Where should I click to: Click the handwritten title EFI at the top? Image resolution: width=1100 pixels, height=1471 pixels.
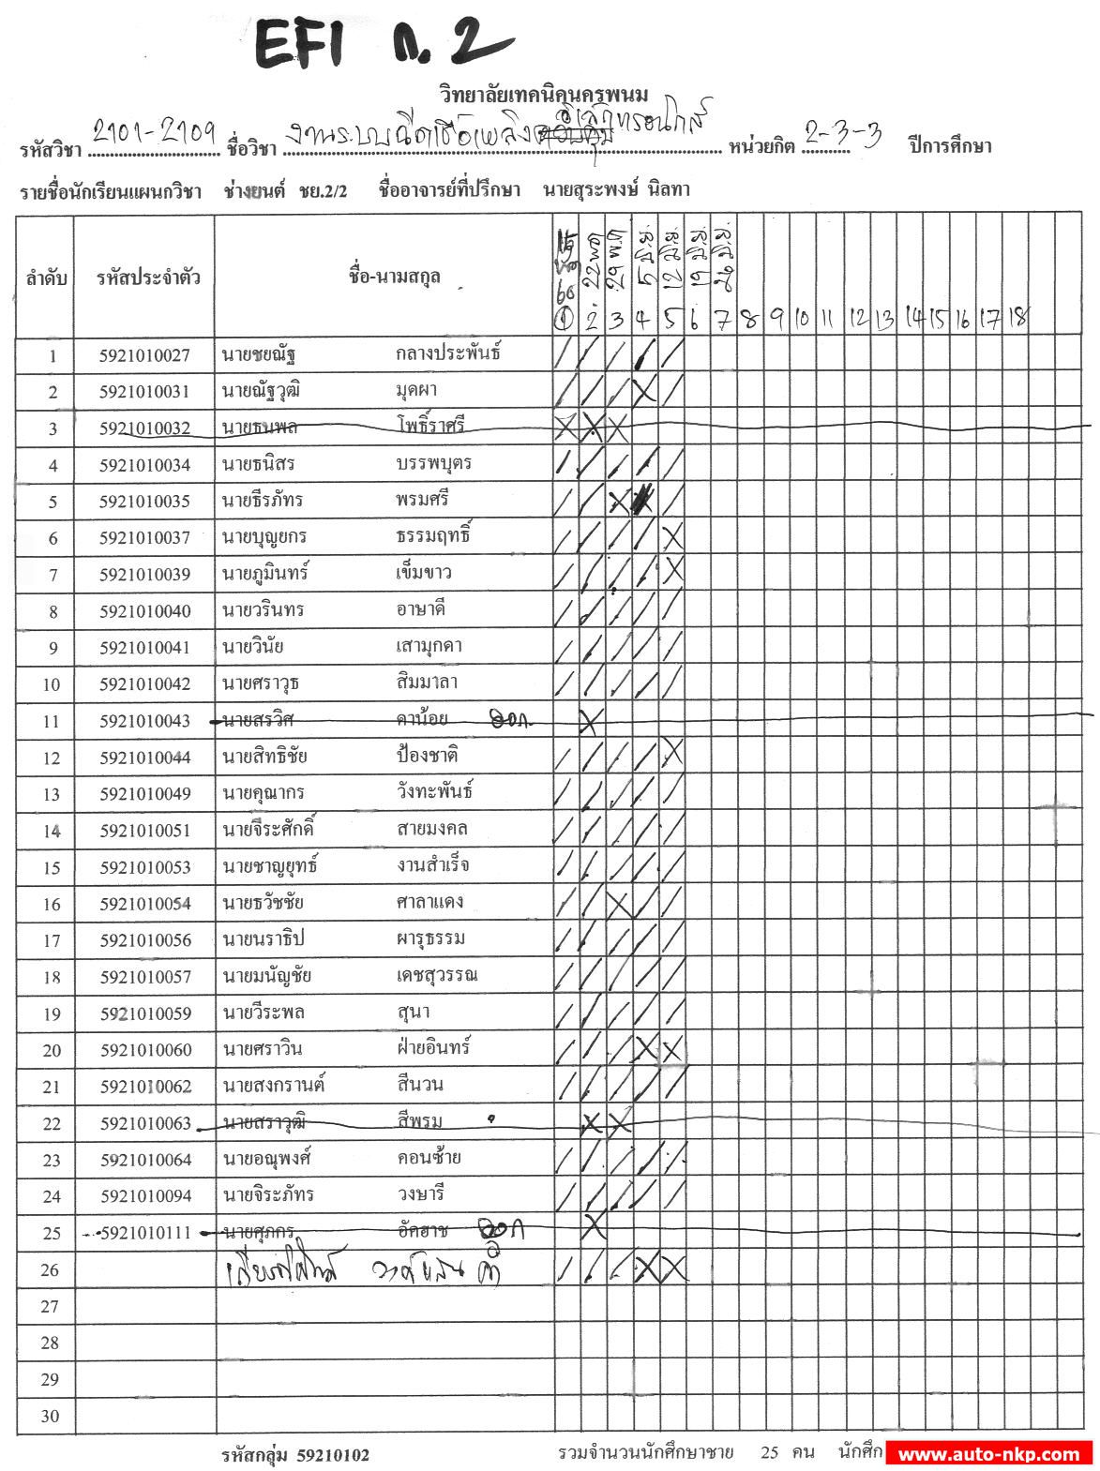(300, 45)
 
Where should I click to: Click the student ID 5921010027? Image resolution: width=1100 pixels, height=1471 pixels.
(144, 355)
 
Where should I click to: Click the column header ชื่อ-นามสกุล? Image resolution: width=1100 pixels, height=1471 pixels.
(394, 277)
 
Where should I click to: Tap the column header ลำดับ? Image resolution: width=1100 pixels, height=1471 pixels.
(46, 278)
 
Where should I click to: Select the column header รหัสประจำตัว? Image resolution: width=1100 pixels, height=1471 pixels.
(148, 278)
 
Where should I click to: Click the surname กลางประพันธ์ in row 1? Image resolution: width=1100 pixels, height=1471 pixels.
(447, 353)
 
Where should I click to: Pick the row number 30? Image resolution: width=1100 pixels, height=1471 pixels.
(53, 1417)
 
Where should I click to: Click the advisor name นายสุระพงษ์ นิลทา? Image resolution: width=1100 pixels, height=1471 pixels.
(615, 189)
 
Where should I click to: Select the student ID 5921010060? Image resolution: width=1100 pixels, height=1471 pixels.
(144, 1050)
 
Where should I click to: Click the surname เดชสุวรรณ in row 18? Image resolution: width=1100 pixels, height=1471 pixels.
(436, 975)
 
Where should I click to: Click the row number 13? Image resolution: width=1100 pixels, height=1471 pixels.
(53, 795)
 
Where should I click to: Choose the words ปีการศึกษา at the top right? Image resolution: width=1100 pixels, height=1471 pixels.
(949, 145)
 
